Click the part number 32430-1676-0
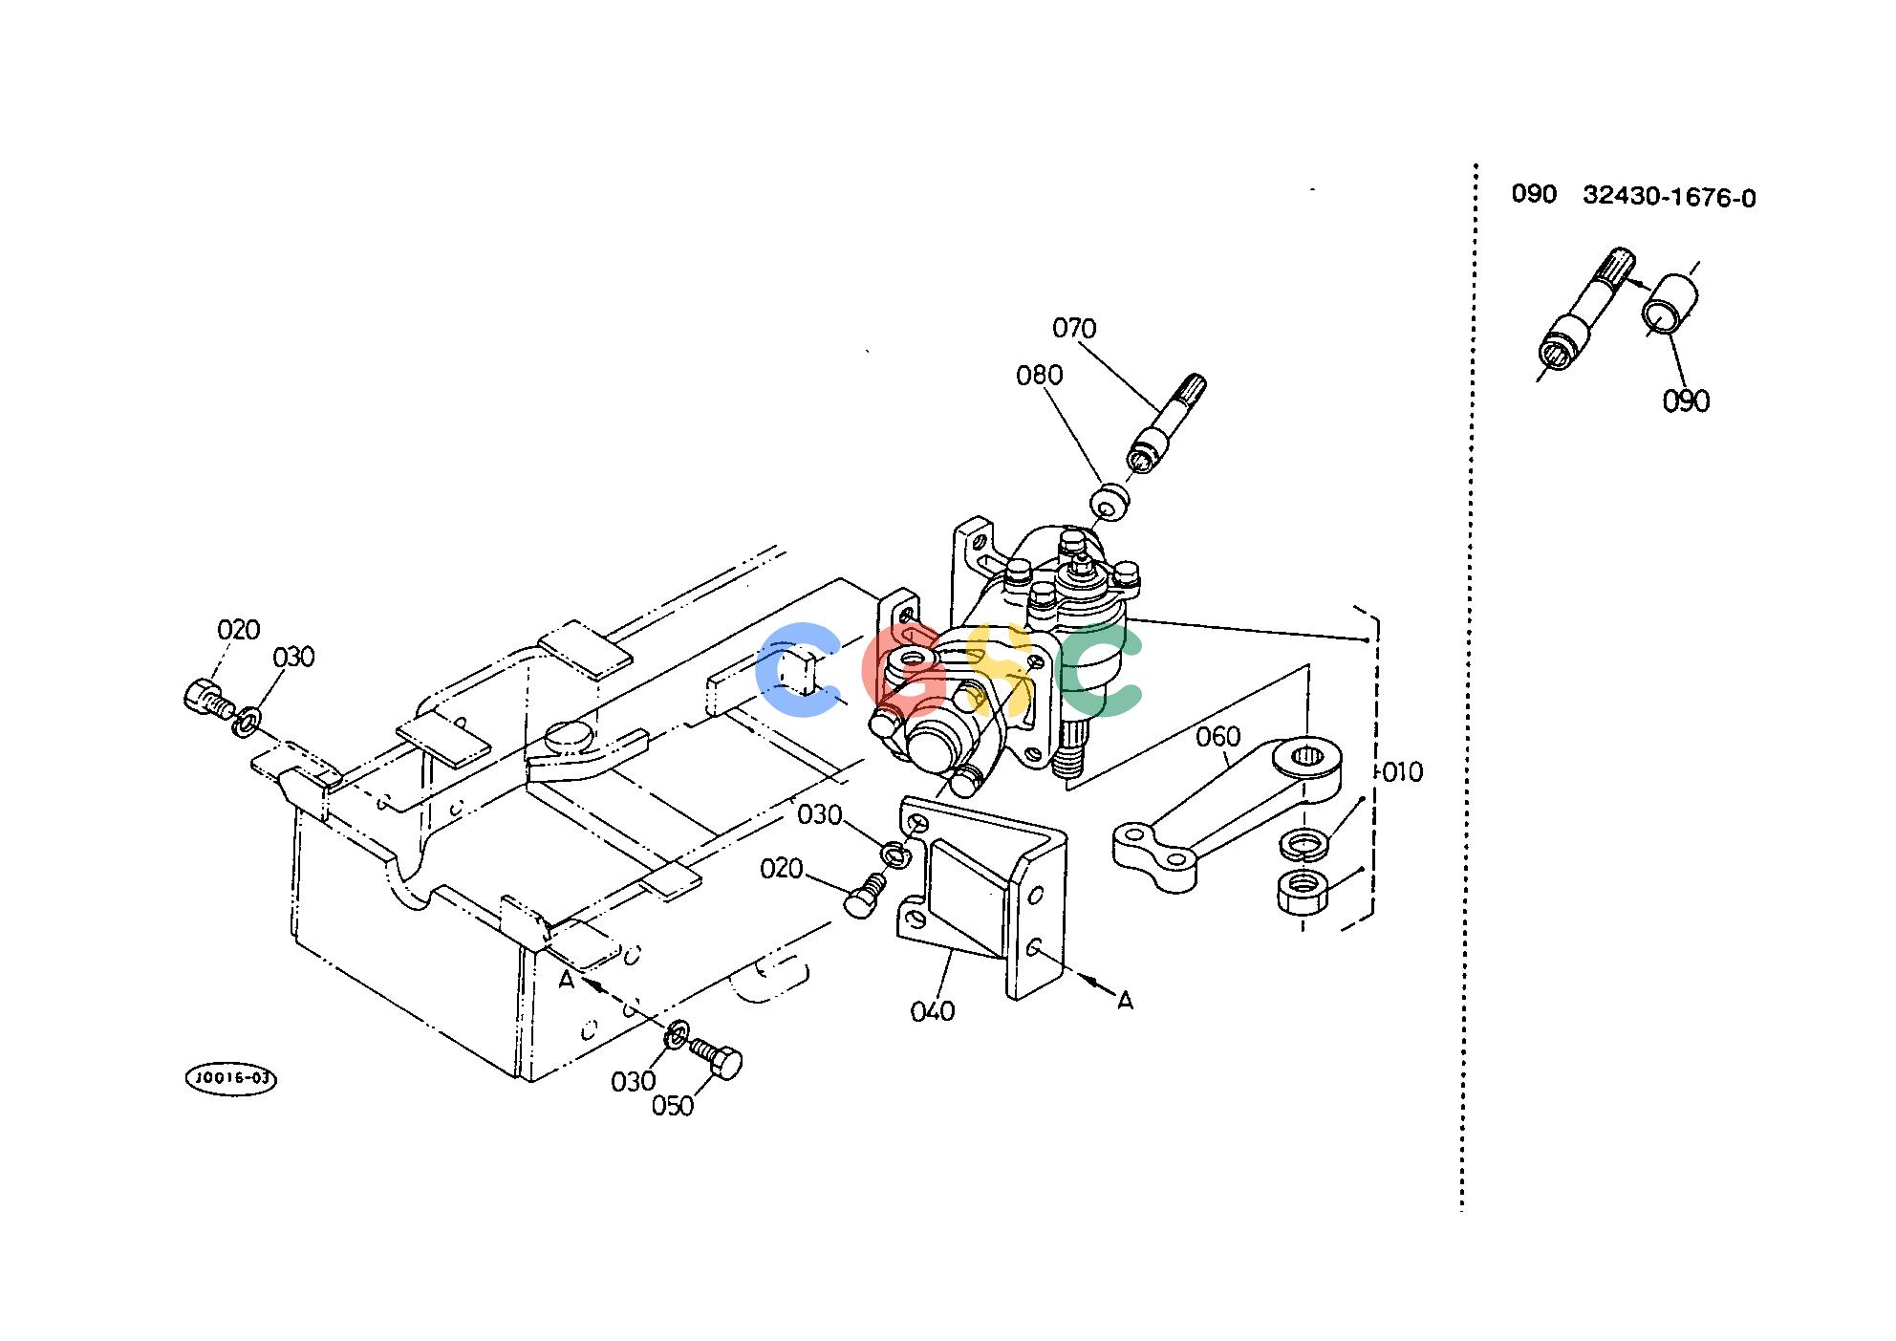(x=1670, y=197)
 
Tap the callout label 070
(x=1074, y=329)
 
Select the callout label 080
(x=1040, y=375)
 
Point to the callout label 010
(x=1403, y=771)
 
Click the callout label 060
(x=1218, y=736)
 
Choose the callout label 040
(x=933, y=1010)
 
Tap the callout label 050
(x=673, y=1106)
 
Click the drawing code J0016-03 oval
(x=230, y=1078)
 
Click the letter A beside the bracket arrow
(x=1125, y=1001)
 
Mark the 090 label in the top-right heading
(x=1534, y=194)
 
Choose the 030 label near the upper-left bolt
(x=293, y=658)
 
